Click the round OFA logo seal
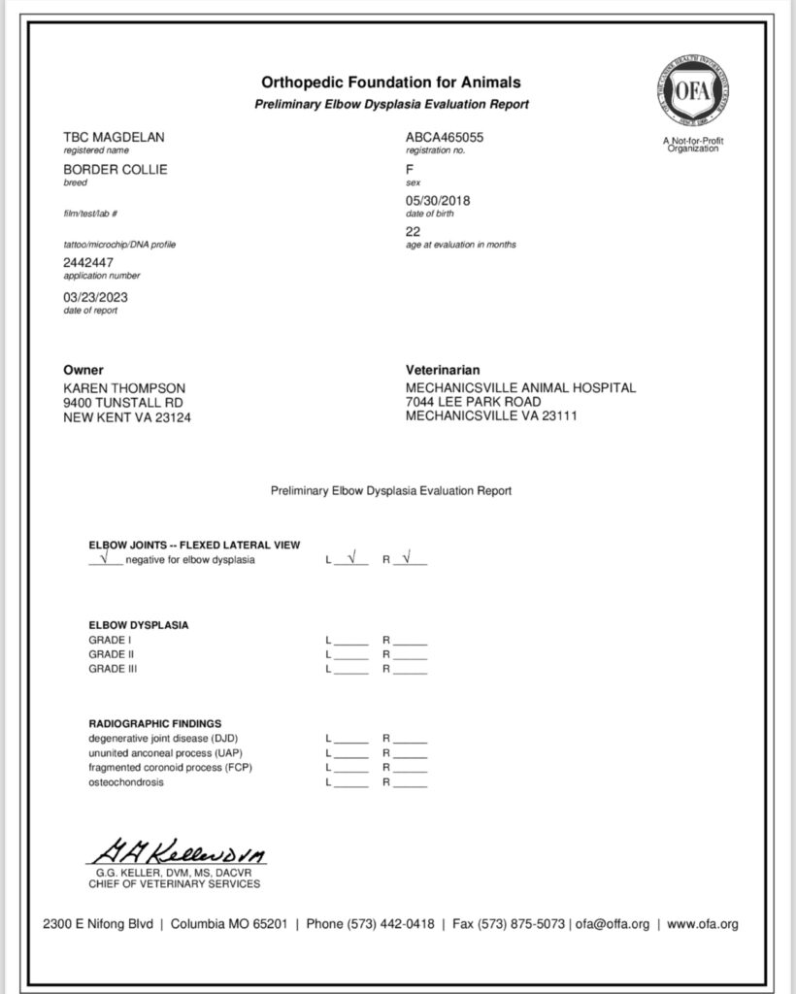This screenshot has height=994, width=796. (693, 95)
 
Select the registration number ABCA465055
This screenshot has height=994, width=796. (444, 139)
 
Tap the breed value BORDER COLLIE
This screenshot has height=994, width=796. (115, 170)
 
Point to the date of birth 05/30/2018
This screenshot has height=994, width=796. (437, 200)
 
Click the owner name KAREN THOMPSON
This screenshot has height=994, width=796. (124, 388)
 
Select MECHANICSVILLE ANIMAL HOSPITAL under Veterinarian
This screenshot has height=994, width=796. (520, 388)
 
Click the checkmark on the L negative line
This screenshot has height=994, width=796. (351, 557)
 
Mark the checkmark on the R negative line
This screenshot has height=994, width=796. (408, 557)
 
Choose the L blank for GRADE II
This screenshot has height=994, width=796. (351, 655)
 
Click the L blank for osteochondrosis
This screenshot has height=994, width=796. (351, 783)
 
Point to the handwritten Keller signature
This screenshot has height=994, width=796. (176, 855)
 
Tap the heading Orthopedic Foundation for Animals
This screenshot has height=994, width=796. (391, 83)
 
